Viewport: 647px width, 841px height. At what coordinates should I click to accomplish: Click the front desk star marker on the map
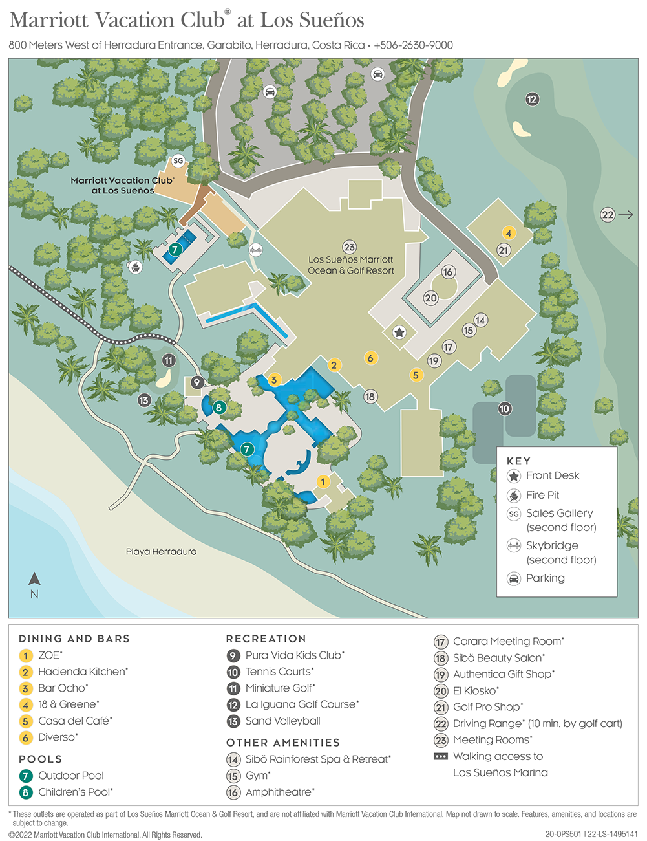(x=399, y=333)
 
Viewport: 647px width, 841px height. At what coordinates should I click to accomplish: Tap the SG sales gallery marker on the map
(x=178, y=161)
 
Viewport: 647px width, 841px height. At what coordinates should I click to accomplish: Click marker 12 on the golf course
(x=532, y=99)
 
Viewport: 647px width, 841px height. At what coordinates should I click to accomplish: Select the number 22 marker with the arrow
(x=608, y=215)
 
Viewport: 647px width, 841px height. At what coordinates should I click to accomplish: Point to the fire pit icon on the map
(x=135, y=266)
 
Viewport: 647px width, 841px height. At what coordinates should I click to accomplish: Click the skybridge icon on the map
(x=257, y=250)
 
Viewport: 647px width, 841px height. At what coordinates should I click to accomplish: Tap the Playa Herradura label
(x=161, y=552)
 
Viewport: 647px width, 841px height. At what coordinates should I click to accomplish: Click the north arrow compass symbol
(x=34, y=580)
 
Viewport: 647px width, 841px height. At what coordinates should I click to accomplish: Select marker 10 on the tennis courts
(x=505, y=408)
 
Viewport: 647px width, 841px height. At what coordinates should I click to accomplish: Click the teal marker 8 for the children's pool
(x=219, y=408)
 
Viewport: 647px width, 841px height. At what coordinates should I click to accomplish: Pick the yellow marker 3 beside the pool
(x=274, y=380)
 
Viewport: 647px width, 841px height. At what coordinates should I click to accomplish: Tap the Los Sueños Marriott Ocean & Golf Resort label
(x=350, y=265)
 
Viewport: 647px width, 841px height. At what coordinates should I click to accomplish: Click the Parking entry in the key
(x=545, y=578)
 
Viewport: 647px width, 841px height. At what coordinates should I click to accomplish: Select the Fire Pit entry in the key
(x=542, y=495)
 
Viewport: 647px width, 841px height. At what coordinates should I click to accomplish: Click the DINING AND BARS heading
(x=74, y=639)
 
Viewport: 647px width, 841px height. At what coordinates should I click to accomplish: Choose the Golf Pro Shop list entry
(x=487, y=707)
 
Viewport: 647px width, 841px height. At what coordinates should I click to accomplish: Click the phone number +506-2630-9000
(x=414, y=45)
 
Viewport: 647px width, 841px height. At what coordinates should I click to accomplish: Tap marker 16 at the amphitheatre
(x=448, y=272)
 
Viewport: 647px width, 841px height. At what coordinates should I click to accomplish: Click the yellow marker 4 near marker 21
(x=509, y=233)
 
